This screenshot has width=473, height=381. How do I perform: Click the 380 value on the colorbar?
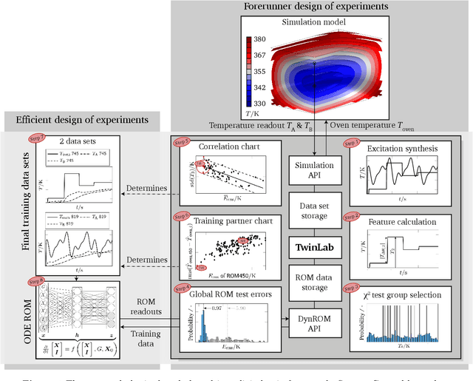[260, 39]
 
